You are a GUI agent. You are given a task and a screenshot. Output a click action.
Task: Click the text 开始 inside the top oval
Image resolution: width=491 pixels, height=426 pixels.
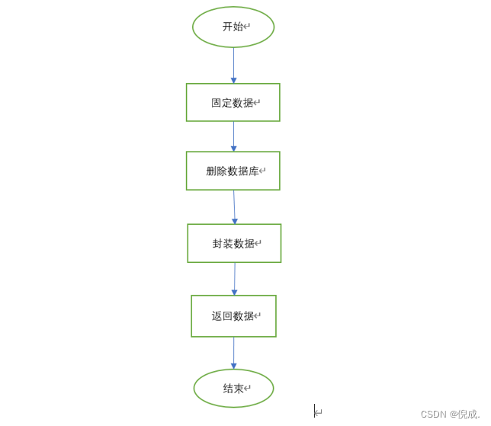pyautogui.click(x=233, y=27)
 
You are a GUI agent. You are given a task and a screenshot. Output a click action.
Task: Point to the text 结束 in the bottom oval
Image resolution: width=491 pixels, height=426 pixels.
pyautogui.click(x=233, y=389)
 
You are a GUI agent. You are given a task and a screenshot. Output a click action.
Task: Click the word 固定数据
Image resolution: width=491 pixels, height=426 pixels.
pyautogui.click(x=232, y=103)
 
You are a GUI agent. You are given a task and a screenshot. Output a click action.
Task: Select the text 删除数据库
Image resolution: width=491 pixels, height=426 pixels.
pyautogui.click(x=232, y=171)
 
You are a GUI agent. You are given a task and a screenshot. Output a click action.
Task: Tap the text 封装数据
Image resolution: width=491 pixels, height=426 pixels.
pyautogui.click(x=233, y=244)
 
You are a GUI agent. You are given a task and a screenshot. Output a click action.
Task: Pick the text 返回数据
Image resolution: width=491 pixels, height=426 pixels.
pyautogui.click(x=233, y=316)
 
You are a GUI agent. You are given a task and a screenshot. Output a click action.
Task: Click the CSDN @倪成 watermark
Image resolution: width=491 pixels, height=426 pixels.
pyautogui.click(x=450, y=415)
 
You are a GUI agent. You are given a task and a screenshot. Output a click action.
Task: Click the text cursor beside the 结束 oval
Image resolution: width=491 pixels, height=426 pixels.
pyautogui.click(x=315, y=411)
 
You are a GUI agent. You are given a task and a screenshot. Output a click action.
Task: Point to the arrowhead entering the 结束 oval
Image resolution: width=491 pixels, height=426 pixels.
pyautogui.click(x=233, y=366)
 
